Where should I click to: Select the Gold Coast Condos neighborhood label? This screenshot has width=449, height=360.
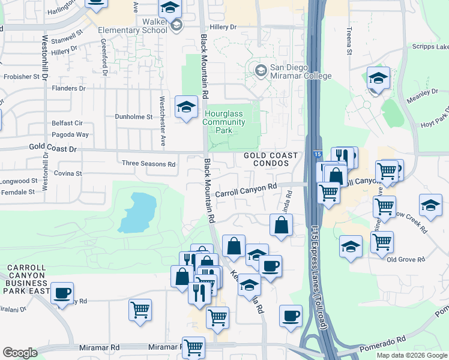point(271,160)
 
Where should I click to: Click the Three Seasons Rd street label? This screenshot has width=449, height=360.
point(148,164)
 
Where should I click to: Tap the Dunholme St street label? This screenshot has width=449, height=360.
point(134,117)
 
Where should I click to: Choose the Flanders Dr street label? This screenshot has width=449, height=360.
point(70,88)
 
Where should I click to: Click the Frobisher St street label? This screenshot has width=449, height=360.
point(25,77)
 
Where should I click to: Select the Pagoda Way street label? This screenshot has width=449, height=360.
point(70,135)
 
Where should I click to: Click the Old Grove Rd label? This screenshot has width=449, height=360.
point(406,259)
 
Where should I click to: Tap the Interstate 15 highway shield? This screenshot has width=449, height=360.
point(316,155)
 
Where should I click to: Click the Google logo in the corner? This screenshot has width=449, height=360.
point(20,353)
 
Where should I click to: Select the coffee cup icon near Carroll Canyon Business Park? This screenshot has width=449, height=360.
point(62,293)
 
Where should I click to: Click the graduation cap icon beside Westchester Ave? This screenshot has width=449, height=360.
point(186,108)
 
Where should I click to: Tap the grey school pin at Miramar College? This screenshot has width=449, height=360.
point(261,71)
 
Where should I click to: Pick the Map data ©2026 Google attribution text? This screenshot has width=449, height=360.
point(411,355)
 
